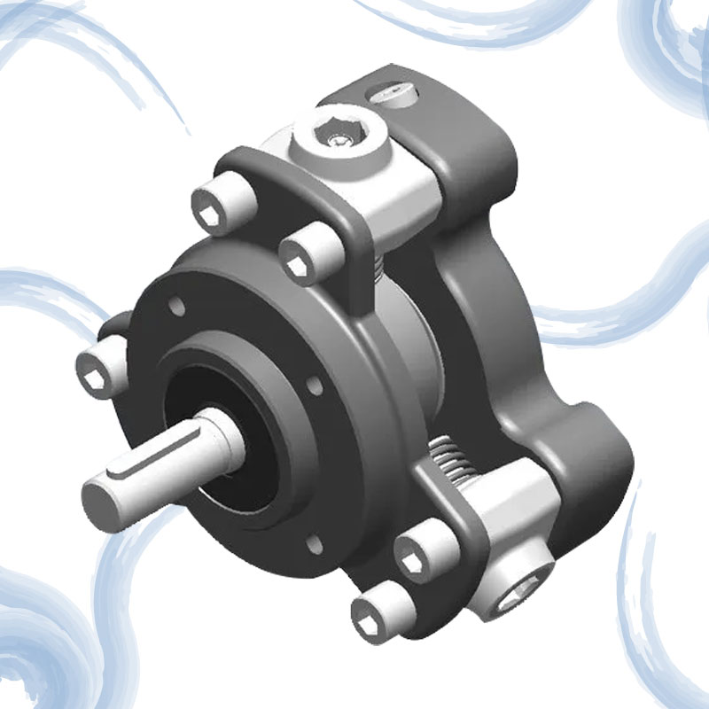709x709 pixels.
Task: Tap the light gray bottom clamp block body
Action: [496, 532]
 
